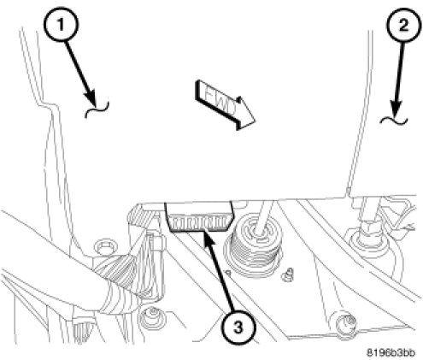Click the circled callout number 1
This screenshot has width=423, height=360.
[x=61, y=25]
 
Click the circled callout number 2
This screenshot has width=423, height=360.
[x=403, y=26]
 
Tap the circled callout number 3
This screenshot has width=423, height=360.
[x=238, y=327]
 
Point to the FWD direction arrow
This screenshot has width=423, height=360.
[x=224, y=105]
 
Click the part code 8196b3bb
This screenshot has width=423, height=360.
[x=391, y=352]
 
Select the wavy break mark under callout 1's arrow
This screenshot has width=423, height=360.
[x=97, y=109]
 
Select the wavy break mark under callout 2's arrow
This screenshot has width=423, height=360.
[x=394, y=121]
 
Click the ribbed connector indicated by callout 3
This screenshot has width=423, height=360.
[x=200, y=217]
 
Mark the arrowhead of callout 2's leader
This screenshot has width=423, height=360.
[x=397, y=109]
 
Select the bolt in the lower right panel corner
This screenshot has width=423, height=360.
[x=346, y=323]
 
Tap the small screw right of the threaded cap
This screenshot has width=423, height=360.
[x=287, y=274]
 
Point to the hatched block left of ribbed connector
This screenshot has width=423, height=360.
[x=142, y=215]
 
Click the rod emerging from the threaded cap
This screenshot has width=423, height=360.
[x=263, y=217]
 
